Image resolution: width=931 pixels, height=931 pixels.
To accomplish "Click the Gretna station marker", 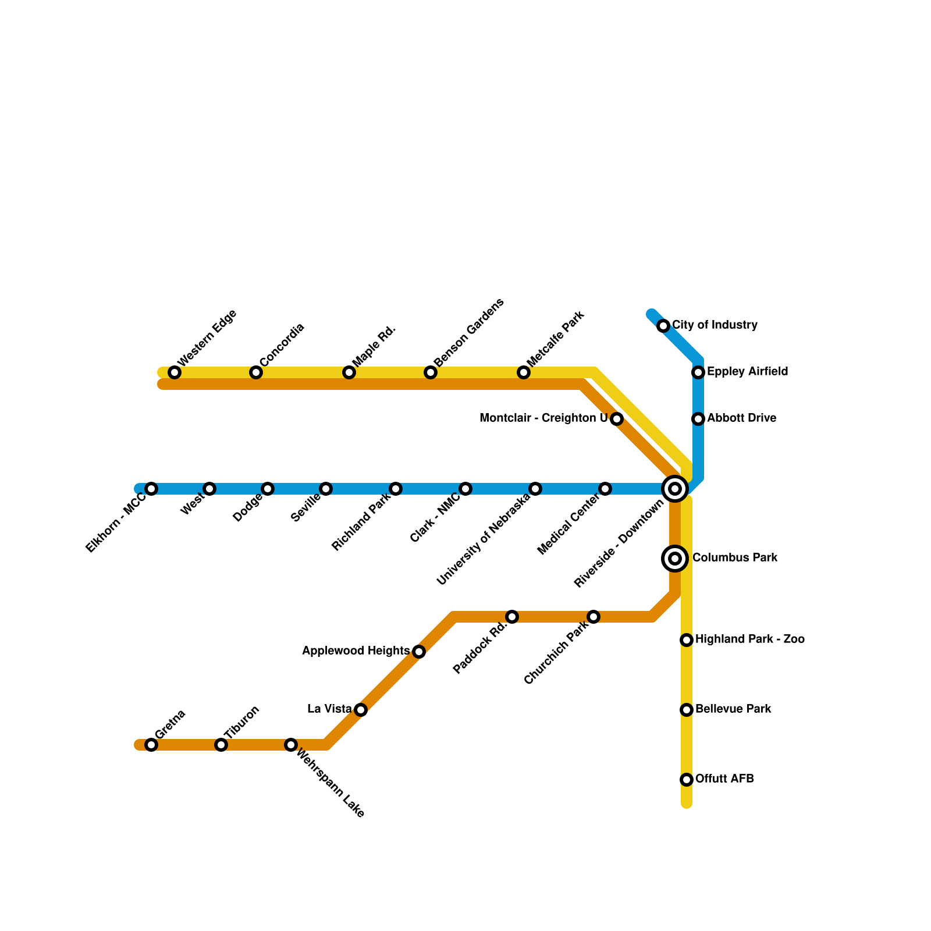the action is [151, 745].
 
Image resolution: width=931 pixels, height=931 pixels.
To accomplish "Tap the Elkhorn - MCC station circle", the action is [151, 489].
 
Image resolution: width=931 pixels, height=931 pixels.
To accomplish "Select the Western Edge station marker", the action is [175, 372].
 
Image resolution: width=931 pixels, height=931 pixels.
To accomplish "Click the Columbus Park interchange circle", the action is [675, 559].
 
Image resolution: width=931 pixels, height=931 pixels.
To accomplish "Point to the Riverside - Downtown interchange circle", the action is [675, 489].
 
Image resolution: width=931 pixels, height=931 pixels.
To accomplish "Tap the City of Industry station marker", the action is [663, 326].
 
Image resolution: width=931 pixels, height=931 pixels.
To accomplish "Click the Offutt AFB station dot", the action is [687, 780].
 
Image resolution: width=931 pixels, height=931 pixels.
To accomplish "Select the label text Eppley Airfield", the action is [747, 372].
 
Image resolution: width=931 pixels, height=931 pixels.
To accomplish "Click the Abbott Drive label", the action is [741, 418].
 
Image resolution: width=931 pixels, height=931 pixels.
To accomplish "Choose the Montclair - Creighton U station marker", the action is [617, 419].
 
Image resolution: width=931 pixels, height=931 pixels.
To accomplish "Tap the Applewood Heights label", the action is [356, 651].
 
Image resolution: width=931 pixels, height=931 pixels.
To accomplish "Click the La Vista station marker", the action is [361, 710].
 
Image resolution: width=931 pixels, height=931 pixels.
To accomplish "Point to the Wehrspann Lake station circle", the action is [291, 745].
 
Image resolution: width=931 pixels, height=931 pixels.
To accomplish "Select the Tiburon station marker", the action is [221, 745].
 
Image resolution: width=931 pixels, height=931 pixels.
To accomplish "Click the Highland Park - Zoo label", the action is [749, 639].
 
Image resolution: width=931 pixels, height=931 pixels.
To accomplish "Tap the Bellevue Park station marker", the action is [687, 710].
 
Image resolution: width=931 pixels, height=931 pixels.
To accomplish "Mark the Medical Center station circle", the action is [605, 489].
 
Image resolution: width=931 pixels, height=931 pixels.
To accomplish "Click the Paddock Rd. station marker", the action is [512, 617].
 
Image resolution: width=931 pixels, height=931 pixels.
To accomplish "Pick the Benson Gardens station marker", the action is [431, 372].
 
